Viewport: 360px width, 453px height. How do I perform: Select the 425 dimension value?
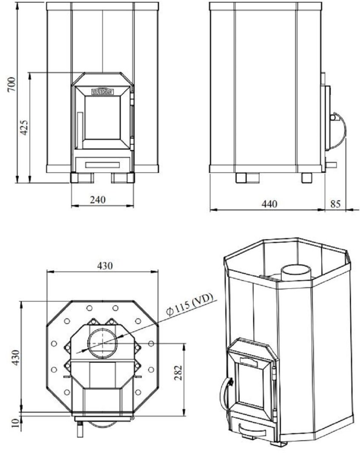tap(24, 127)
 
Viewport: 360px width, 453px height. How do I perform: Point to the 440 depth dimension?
tap(269, 204)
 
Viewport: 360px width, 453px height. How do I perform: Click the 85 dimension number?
tap(335, 204)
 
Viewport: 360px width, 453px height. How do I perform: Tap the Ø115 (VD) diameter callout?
tap(189, 305)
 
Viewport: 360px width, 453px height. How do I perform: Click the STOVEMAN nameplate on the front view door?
tap(103, 91)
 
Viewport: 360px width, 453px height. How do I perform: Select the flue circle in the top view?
tap(102, 342)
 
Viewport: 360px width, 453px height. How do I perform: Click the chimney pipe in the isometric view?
tap(296, 272)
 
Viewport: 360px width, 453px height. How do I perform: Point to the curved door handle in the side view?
tap(339, 130)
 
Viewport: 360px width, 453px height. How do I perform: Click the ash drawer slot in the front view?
tap(102, 164)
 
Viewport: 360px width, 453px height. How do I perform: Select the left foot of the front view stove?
tap(81, 177)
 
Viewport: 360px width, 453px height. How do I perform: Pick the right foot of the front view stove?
tap(123, 177)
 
